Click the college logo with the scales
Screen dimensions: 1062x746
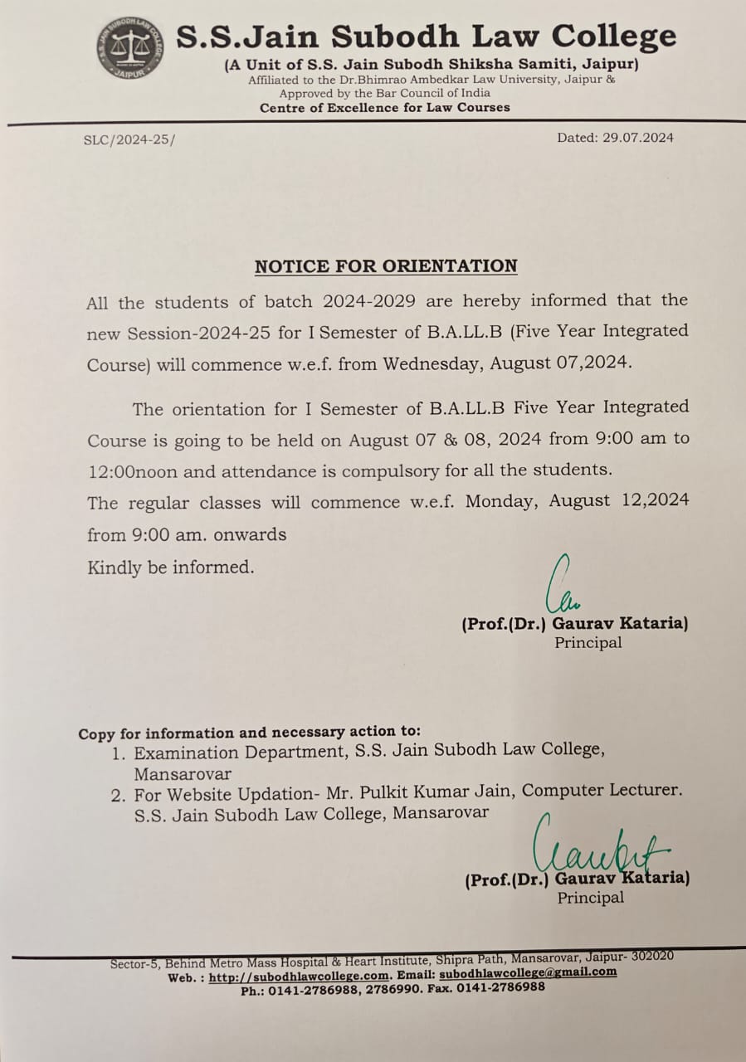click(x=129, y=47)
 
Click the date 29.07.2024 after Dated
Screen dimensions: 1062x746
click(x=636, y=138)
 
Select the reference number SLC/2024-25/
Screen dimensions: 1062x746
click(x=129, y=139)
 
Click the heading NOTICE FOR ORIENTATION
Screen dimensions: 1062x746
click(x=386, y=266)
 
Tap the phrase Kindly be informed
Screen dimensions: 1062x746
click(x=170, y=568)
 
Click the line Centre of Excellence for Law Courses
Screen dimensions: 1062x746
click(x=385, y=108)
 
